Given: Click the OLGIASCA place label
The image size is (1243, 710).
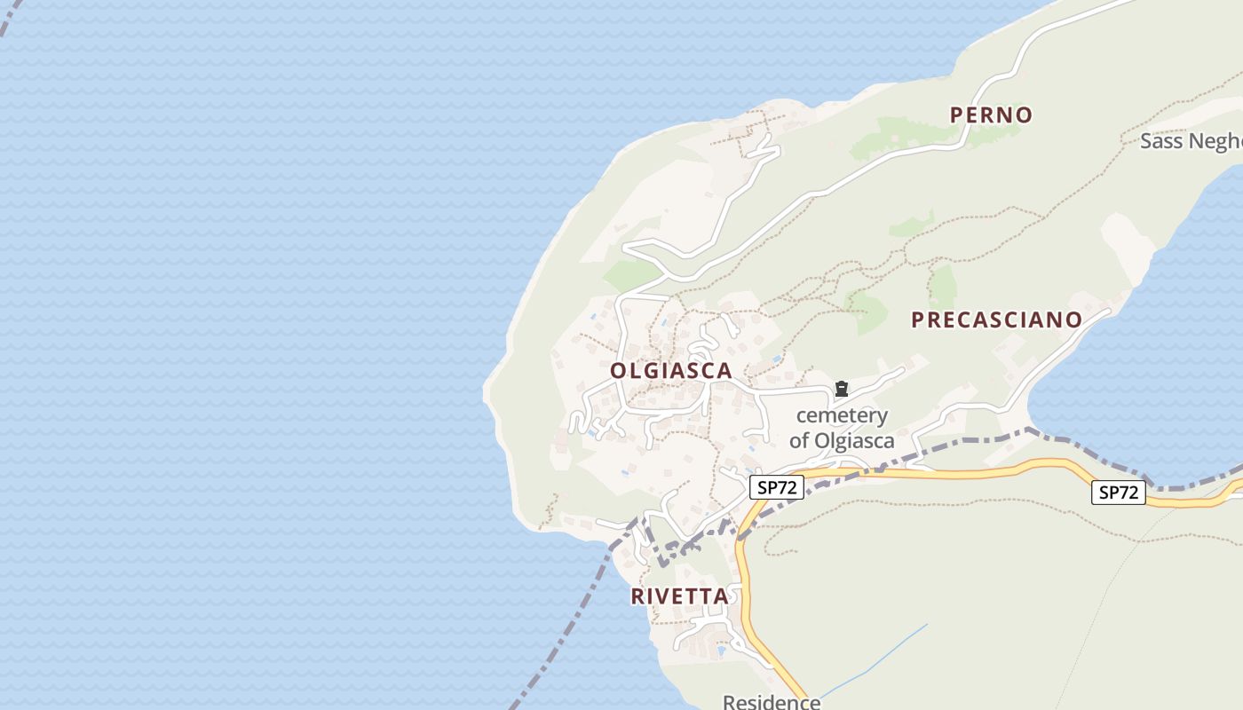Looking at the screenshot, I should [671, 371].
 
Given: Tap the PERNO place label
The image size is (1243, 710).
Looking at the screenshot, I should [991, 114].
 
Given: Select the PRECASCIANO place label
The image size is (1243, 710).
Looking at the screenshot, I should [996, 320].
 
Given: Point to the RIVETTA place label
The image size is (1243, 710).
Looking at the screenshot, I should [679, 596].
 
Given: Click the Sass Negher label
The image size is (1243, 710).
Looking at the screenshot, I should [1190, 141].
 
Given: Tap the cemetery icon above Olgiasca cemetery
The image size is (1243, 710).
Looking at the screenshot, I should [841, 389].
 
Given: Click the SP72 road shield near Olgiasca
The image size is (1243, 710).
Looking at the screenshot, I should [776, 487].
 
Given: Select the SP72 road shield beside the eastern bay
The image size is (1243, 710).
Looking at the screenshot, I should [1118, 493].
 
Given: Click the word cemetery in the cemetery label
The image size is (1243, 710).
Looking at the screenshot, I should [842, 415].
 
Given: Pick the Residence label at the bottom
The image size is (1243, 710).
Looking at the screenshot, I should [771, 702].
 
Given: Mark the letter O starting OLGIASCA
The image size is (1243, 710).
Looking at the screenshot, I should [619, 371].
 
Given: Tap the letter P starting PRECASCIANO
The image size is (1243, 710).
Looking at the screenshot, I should [918, 320].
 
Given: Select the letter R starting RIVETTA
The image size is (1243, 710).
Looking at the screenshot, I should [637, 596].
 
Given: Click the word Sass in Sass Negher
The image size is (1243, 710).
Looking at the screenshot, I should [1159, 141].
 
